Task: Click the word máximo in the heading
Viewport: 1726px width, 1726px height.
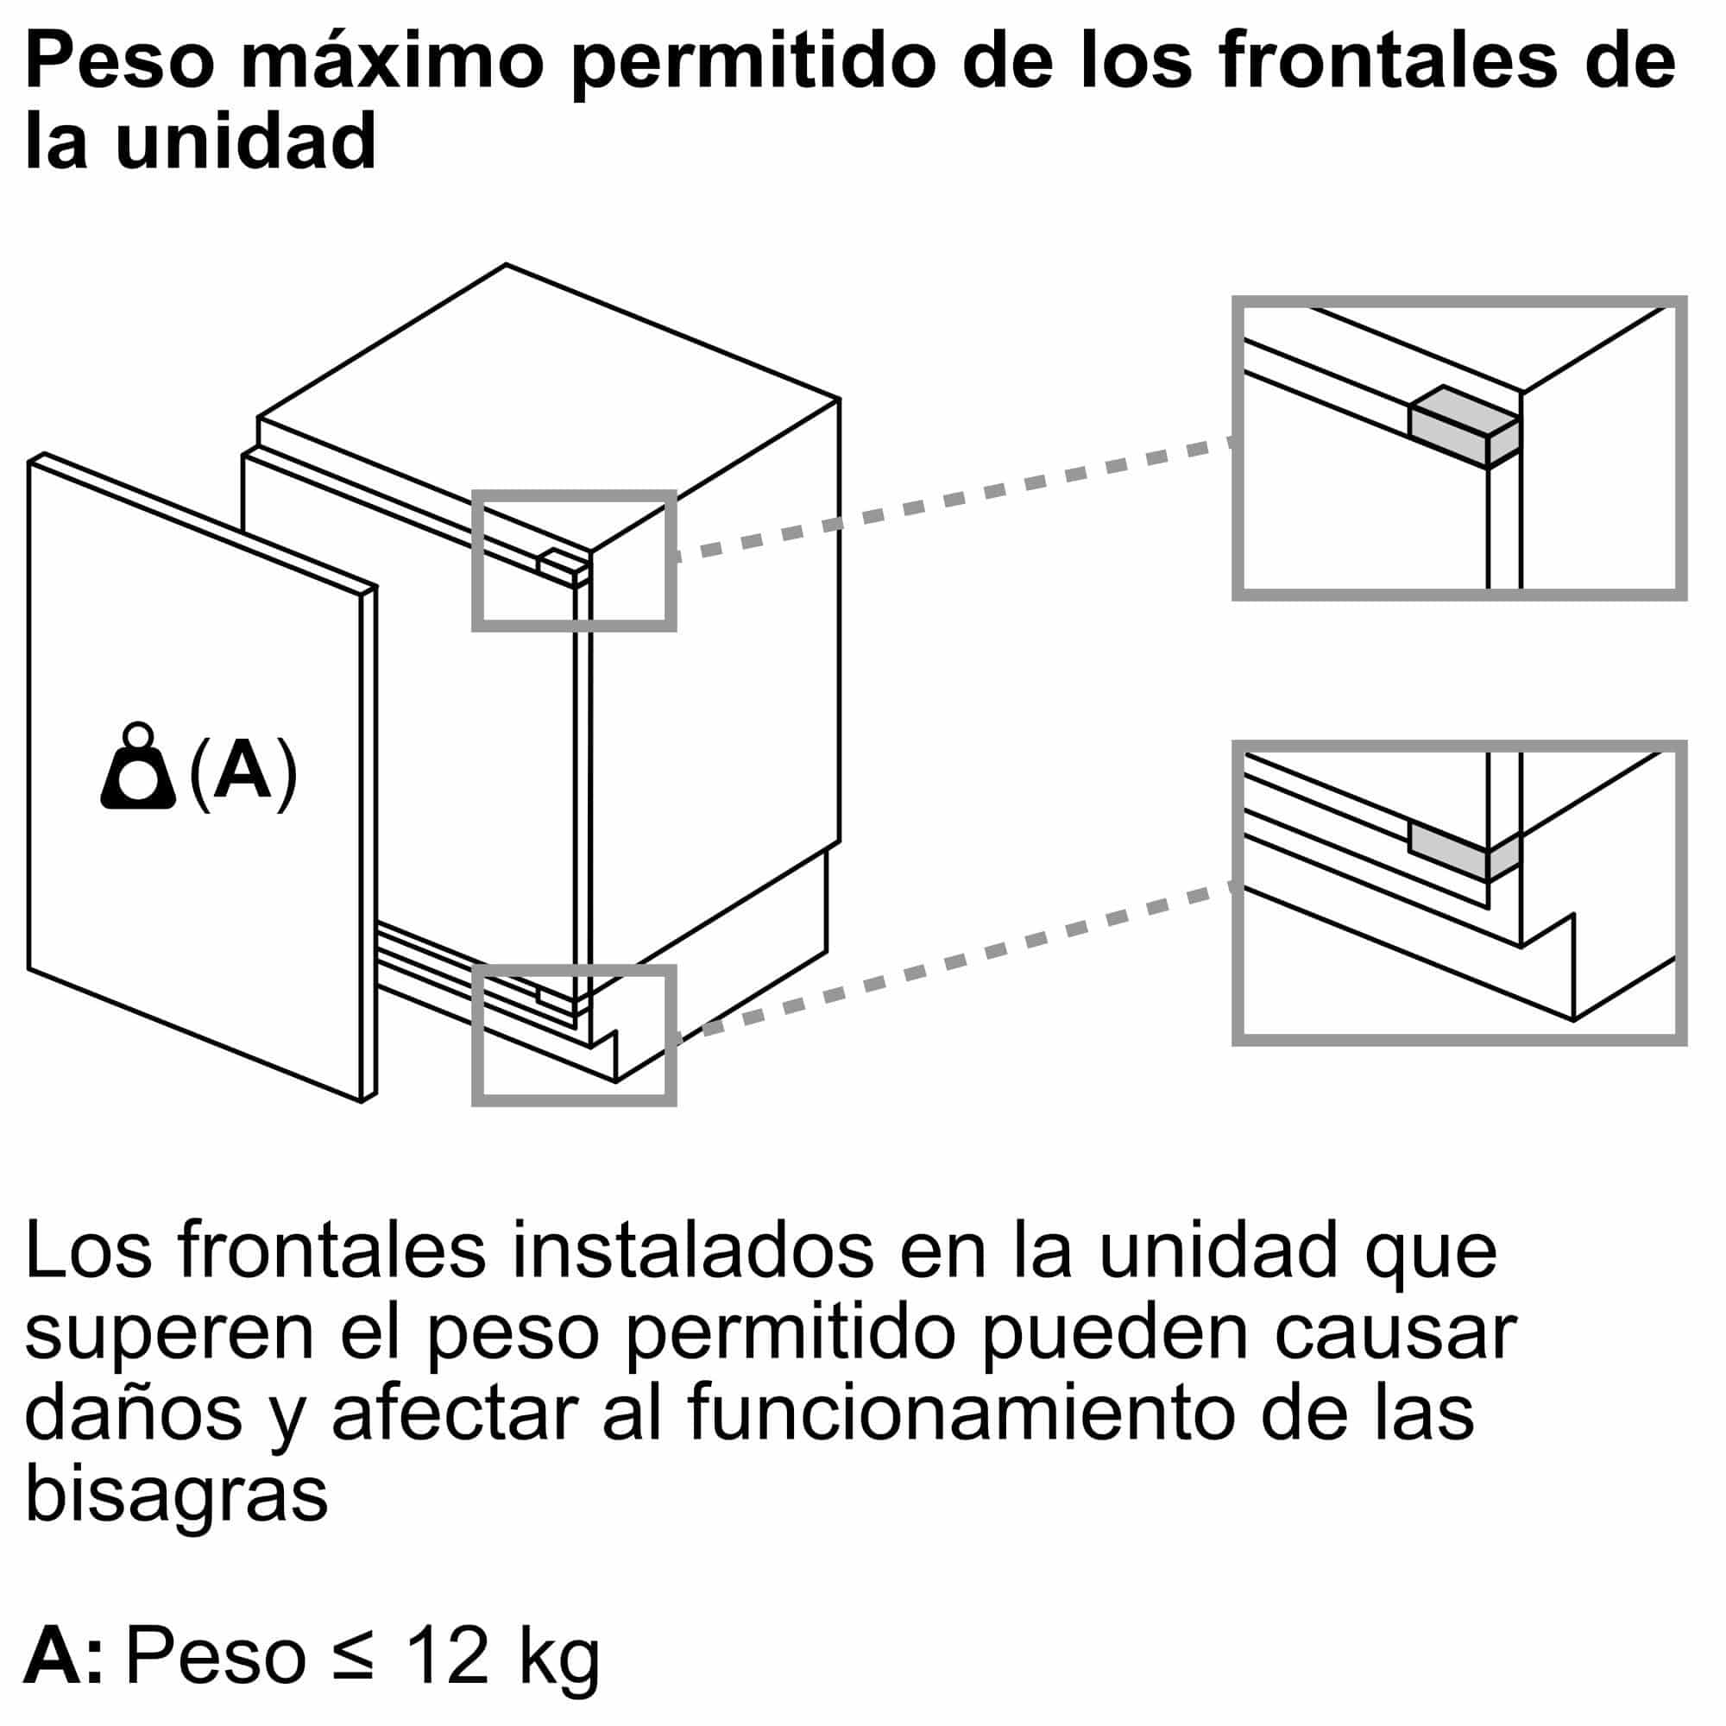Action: point(391,62)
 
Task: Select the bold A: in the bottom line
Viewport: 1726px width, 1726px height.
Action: point(62,1655)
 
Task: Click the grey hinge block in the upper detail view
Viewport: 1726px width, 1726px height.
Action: point(1465,426)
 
